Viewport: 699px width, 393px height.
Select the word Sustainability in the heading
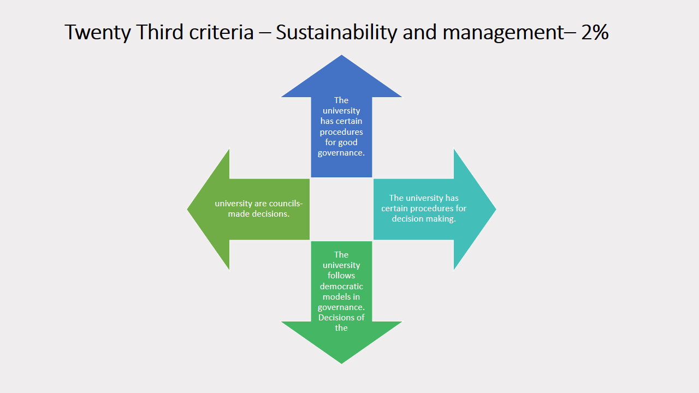(336, 32)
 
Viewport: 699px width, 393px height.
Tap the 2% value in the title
(595, 32)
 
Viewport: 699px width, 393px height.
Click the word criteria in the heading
(221, 32)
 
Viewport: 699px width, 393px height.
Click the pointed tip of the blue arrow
(341, 55)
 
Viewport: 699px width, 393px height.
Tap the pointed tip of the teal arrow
(496, 209)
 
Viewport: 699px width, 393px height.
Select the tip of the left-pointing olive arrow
(187, 209)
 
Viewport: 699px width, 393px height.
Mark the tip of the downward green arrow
(341, 364)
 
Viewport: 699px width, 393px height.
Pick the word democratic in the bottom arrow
(341, 286)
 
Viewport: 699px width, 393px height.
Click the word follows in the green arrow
(341, 276)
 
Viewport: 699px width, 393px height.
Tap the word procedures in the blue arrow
(341, 132)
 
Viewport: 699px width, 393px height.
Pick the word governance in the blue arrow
(340, 153)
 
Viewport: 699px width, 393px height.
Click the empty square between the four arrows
(341, 209)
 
